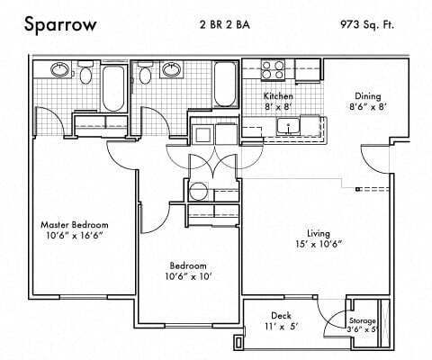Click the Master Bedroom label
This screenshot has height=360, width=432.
(x=75, y=224)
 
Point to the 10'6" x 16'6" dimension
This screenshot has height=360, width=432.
(x=75, y=236)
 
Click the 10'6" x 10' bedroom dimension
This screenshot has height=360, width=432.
(x=190, y=277)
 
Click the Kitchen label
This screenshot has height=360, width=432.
(x=278, y=95)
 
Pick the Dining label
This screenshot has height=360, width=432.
(x=369, y=95)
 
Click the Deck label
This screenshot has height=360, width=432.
(x=281, y=316)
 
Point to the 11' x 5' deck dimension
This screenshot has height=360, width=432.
(x=281, y=328)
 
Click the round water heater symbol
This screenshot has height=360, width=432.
(x=198, y=190)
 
